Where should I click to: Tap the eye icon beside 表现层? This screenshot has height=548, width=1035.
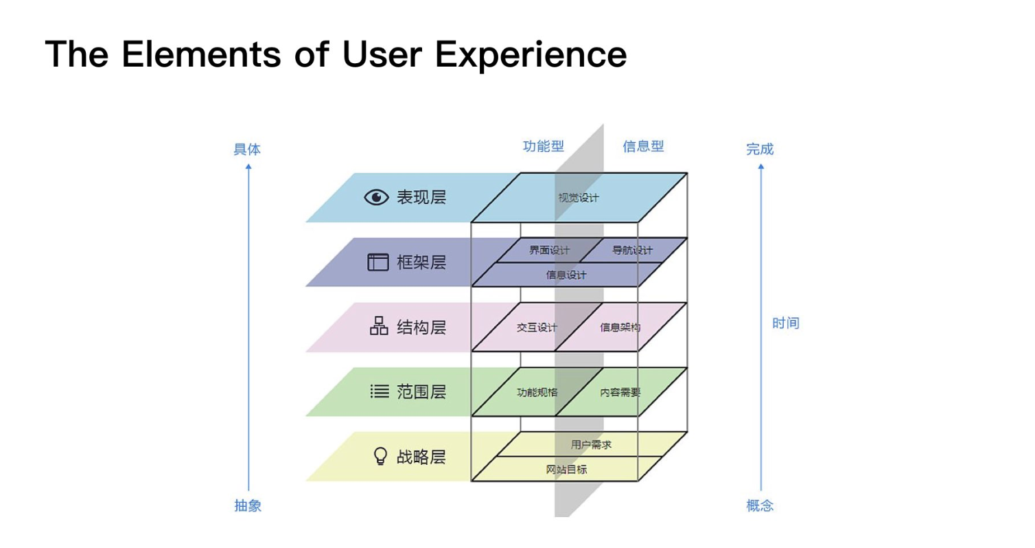coord(376,198)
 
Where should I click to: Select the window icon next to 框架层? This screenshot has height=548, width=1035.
coord(378,262)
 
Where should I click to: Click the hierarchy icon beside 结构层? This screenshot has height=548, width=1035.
coord(379,326)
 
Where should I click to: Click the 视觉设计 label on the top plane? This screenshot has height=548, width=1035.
coord(579,198)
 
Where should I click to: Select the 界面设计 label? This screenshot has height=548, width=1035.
coord(549,250)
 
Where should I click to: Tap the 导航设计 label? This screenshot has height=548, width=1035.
coord(632,250)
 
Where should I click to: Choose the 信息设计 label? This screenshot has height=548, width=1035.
coord(566,275)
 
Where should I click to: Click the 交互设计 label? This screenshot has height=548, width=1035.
coord(537,328)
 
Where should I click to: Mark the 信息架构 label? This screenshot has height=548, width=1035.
coord(620,328)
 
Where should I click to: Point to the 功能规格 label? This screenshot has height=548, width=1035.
coord(537,393)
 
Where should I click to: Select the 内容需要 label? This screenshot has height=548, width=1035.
coord(620,393)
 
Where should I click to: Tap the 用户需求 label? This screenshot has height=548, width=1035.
coord(591,445)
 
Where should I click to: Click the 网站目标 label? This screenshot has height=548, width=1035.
coord(566,470)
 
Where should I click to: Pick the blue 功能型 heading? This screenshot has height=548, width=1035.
coord(544,146)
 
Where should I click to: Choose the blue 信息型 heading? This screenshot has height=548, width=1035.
coord(643,146)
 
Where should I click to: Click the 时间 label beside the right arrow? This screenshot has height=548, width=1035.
coord(785,323)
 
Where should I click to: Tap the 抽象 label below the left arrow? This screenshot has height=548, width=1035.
coord(248,506)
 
